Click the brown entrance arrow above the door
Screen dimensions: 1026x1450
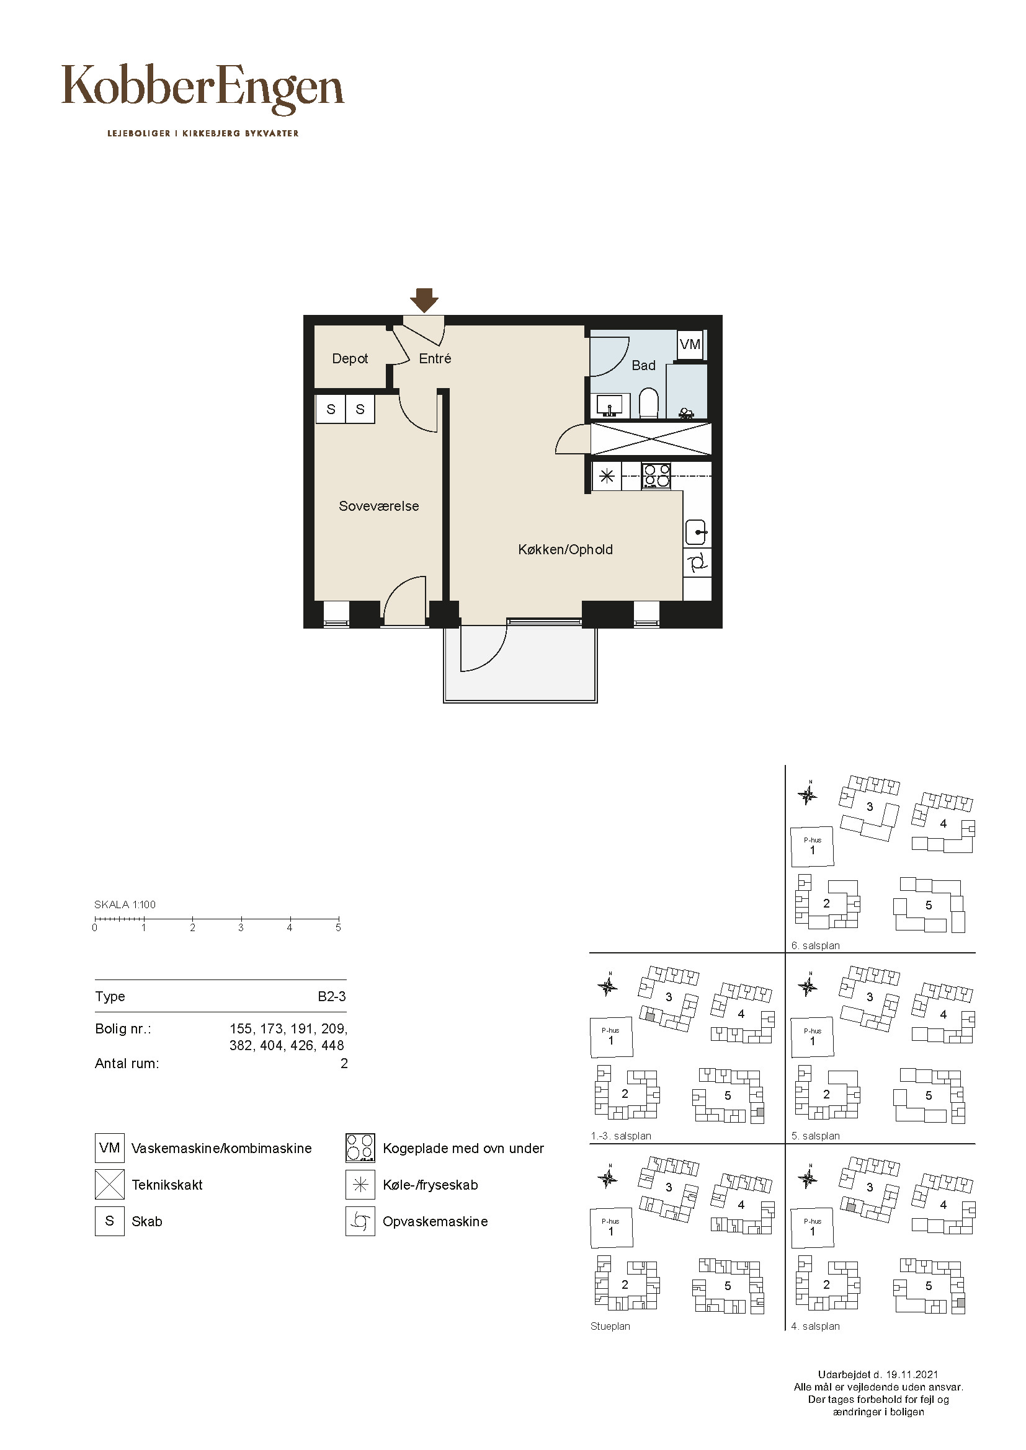click(x=424, y=300)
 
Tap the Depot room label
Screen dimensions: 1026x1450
click(x=350, y=359)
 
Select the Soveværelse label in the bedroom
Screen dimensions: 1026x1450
click(x=379, y=506)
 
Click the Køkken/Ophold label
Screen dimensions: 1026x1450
click(x=566, y=549)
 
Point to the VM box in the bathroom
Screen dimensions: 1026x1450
click(x=690, y=344)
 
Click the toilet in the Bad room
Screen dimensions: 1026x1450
click(x=649, y=402)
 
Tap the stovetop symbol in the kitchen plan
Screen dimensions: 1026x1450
click(x=657, y=475)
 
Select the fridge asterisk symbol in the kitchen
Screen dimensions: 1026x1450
click(x=607, y=476)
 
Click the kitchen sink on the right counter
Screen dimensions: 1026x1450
click(x=697, y=532)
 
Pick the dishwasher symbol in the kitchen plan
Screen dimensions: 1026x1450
click(x=697, y=562)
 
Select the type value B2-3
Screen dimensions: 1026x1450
click(x=332, y=996)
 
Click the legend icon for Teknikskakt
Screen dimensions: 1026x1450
click(x=110, y=1184)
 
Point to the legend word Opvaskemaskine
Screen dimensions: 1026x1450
click(x=435, y=1221)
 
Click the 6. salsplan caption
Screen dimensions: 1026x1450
click(x=816, y=945)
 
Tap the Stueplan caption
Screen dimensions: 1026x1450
click(x=610, y=1326)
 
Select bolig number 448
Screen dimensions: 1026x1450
click(x=333, y=1045)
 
